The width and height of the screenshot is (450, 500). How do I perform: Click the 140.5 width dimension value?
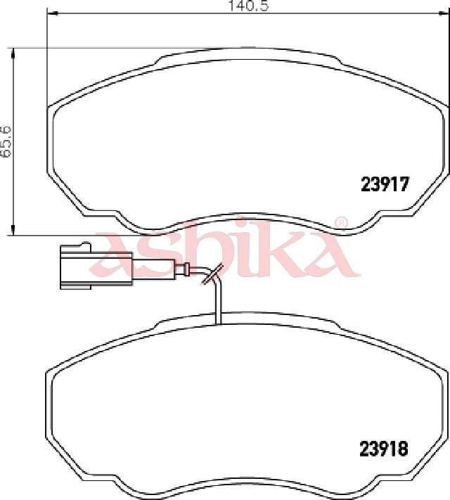pos(248,6)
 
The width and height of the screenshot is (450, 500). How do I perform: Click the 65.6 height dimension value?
pos(6,141)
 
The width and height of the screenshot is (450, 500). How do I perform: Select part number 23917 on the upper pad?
pos(385,184)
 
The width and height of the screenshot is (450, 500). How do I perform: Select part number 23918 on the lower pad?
pos(384,449)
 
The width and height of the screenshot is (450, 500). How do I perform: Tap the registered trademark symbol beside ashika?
pos(340,223)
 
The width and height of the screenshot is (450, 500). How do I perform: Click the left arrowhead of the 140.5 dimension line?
pos(52,13)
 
